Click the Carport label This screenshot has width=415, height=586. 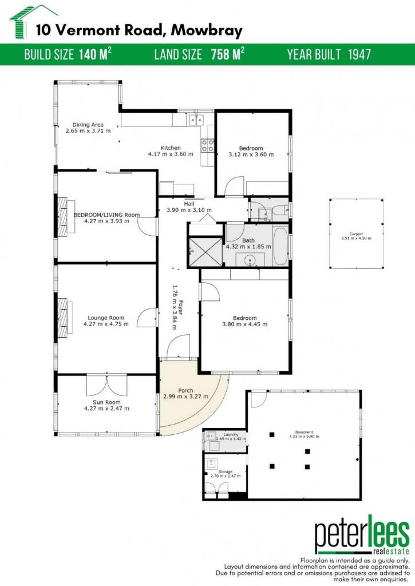pyautogui.click(x=356, y=234)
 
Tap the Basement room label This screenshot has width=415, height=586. pyautogui.click(x=304, y=432)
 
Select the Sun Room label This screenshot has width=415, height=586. pyautogui.click(x=106, y=402)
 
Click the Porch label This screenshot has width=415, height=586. pyautogui.click(x=185, y=390)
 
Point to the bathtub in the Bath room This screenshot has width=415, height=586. pyautogui.click(x=280, y=246)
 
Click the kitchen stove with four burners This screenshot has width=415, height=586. pyautogui.click(x=208, y=145)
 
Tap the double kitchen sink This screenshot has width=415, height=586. pyautogui.click(x=196, y=120)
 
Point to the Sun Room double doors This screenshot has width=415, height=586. pyautogui.click(x=106, y=385)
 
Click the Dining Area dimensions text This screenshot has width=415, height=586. pyautogui.click(x=88, y=131)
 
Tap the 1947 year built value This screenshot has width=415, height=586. pyautogui.click(x=359, y=54)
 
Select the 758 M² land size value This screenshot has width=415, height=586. pyautogui.click(x=227, y=54)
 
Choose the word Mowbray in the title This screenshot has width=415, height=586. pyautogui.click(x=207, y=30)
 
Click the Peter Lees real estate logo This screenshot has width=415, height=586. pyautogui.click(x=362, y=535)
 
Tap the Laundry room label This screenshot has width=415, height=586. pyautogui.click(x=231, y=435)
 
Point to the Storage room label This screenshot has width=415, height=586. pyautogui.click(x=225, y=472)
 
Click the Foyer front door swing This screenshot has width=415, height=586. pyautogui.click(x=179, y=346)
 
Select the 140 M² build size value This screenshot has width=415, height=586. pyautogui.click(x=95, y=54)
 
